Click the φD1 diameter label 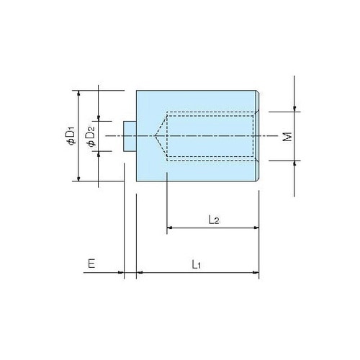pos(71,135)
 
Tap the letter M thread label pos(287,136)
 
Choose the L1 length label pos(196,264)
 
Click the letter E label pos(91,264)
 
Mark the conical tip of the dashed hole pos(157,135)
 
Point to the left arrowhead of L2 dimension pos(170,228)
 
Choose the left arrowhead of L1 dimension pos(140,274)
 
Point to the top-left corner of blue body pos(137,91)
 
